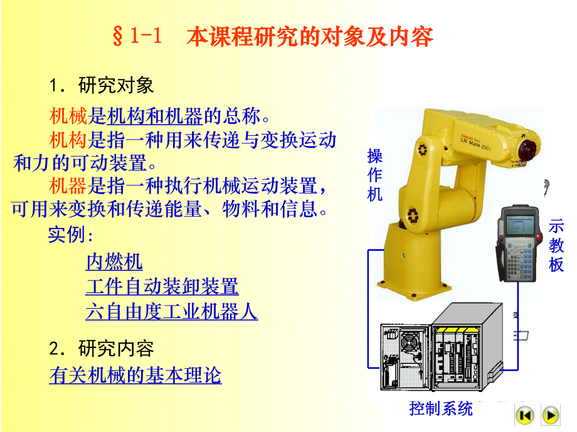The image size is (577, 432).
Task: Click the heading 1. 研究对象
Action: pyautogui.click(x=101, y=85)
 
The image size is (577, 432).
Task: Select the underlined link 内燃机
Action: pyautogui.click(x=114, y=261)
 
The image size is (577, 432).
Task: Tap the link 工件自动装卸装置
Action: pyautogui.click(x=162, y=287)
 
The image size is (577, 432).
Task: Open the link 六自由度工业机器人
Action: pyautogui.click(x=171, y=312)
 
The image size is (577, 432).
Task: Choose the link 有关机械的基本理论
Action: pyautogui.click(x=135, y=376)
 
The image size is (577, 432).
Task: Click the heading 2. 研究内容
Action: pyautogui.click(x=101, y=348)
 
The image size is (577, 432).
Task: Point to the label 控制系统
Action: pyautogui.click(x=441, y=409)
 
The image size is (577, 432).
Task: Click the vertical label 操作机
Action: pyautogui.click(x=374, y=176)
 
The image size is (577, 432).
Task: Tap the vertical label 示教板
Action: pyautogui.click(x=556, y=245)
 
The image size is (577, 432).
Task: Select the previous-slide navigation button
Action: pyautogui.click(x=524, y=414)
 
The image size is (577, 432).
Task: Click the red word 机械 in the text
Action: pyautogui.click(x=68, y=116)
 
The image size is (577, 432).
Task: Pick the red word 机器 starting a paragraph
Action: pyautogui.click(x=68, y=185)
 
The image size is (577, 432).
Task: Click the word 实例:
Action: pyautogui.click(x=70, y=236)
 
